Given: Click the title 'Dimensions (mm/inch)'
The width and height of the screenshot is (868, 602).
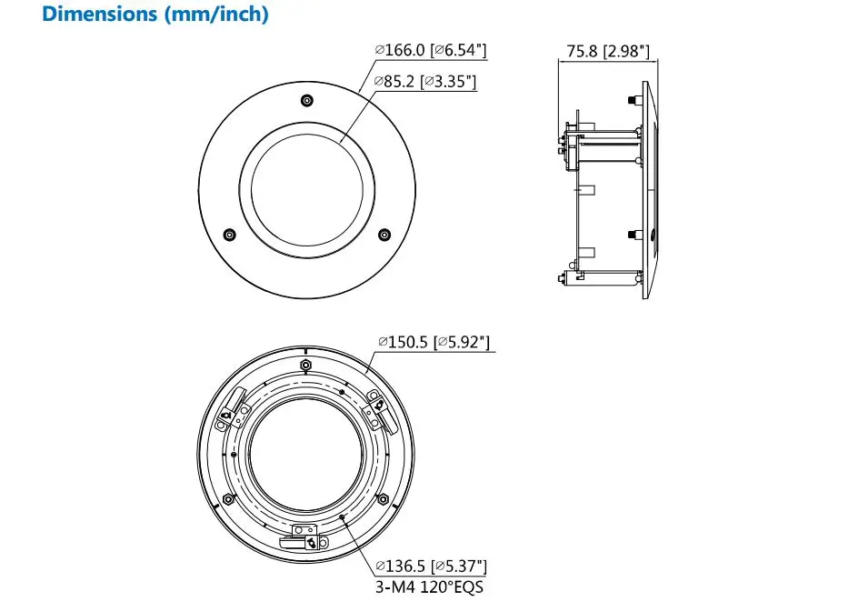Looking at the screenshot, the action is pyautogui.click(x=155, y=14).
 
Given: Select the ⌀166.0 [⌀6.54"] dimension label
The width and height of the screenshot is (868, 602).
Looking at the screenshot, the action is pyautogui.click(x=431, y=50).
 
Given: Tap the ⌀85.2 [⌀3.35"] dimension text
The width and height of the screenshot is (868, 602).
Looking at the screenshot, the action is pyautogui.click(x=425, y=82).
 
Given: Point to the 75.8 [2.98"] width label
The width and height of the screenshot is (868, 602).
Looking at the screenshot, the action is pyautogui.click(x=608, y=51).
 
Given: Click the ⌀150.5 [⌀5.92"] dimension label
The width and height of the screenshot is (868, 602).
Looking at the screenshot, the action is pyautogui.click(x=434, y=342).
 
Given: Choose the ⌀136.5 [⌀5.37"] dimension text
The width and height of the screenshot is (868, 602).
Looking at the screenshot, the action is pyautogui.click(x=431, y=566).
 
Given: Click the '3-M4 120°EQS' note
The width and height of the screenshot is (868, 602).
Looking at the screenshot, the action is pyautogui.click(x=430, y=587).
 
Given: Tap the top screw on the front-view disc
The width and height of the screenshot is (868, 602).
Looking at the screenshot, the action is pyautogui.click(x=306, y=100).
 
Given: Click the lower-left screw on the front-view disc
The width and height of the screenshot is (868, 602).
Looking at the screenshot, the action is pyautogui.click(x=229, y=235).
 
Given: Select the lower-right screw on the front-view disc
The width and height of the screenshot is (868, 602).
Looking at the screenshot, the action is pyautogui.click(x=384, y=235).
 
